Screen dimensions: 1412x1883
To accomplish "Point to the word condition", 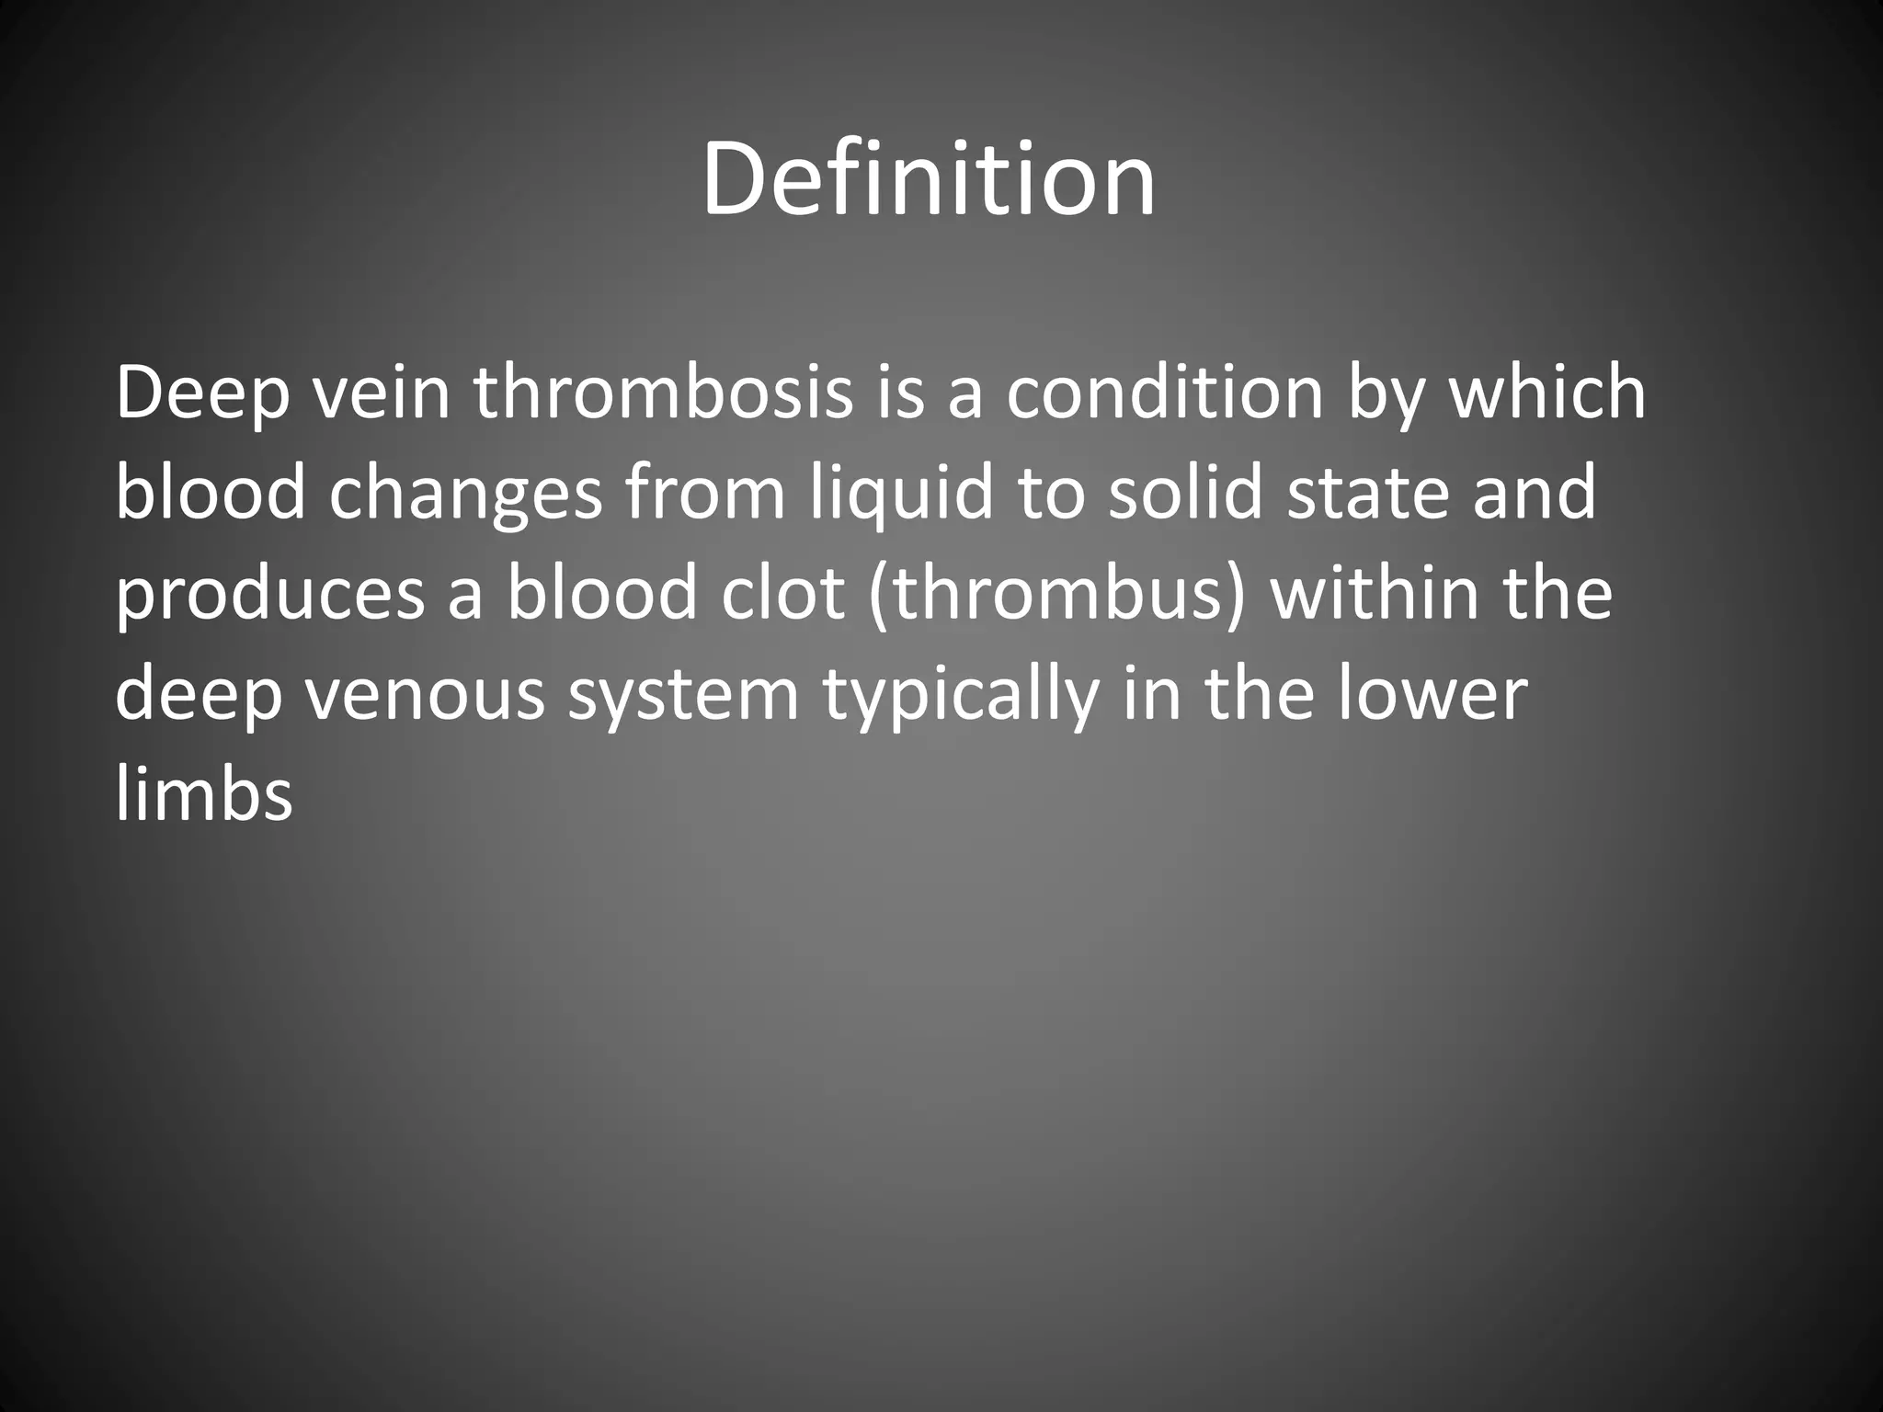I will point(1164,393).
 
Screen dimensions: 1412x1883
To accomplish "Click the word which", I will point(1547,393).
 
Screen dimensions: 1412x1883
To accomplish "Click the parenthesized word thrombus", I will point(1056,594).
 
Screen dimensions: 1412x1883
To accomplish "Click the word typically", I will point(961,696).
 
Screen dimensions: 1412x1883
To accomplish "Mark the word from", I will point(705,495).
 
